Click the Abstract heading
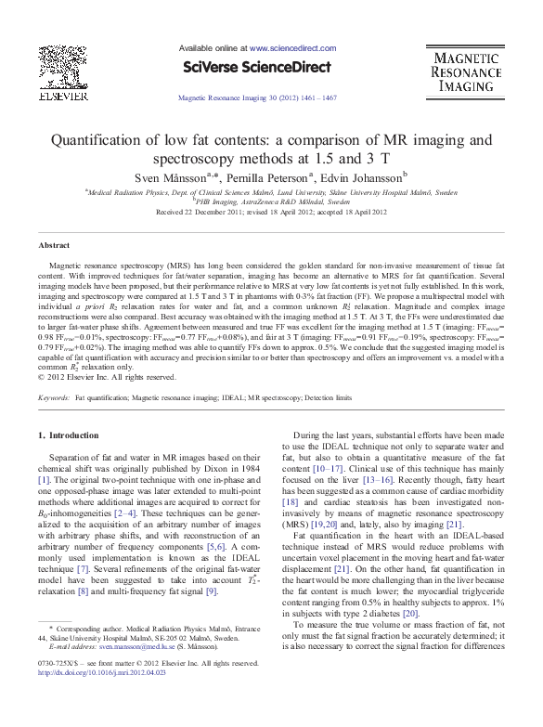(54, 245)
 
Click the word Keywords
(54, 397)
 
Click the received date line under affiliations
(272, 212)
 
